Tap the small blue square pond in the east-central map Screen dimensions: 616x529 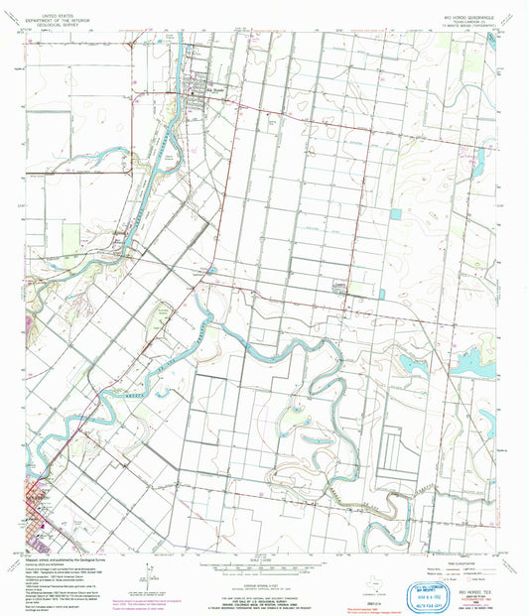pyautogui.click(x=398, y=213)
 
